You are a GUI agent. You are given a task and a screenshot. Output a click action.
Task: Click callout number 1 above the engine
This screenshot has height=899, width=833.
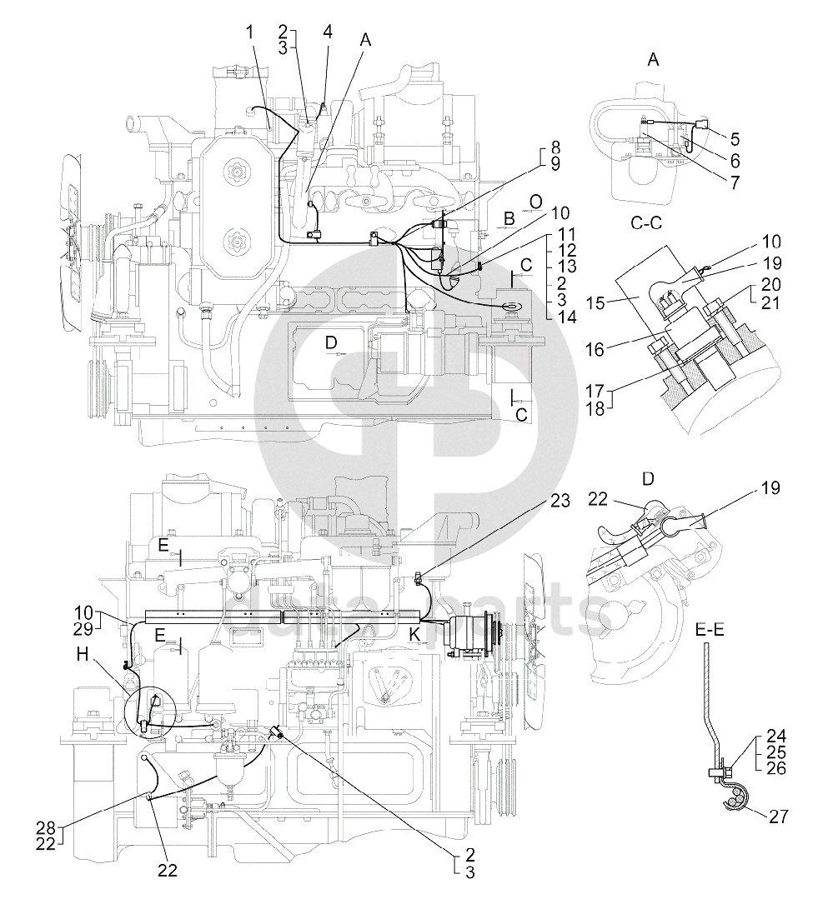[249, 32]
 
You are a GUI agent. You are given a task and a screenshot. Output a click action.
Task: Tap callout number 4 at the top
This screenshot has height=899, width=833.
[328, 32]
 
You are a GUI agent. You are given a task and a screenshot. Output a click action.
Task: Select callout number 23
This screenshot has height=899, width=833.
[560, 501]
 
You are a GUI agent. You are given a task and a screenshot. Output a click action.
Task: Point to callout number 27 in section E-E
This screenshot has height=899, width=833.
[779, 817]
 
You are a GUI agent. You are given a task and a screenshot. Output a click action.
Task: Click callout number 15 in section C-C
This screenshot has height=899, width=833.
[597, 302]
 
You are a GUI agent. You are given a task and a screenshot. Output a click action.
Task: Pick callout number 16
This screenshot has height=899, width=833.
[596, 349]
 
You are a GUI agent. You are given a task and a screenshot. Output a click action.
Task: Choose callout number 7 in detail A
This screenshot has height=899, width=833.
[735, 182]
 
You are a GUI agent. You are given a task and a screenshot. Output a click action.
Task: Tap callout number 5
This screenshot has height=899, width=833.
[735, 139]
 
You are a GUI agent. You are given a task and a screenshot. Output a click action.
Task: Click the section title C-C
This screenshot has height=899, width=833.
[646, 223]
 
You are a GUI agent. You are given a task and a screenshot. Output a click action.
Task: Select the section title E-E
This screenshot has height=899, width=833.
[710, 630]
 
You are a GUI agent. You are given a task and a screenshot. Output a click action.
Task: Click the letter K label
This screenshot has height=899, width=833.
[414, 634]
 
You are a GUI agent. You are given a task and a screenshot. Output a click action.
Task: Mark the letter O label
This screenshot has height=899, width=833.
[535, 202]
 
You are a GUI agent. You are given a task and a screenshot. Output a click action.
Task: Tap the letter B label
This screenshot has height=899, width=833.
[509, 218]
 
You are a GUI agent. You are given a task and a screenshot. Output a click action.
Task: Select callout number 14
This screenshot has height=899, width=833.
[567, 317]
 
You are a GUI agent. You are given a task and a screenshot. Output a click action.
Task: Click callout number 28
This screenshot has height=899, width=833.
[46, 827]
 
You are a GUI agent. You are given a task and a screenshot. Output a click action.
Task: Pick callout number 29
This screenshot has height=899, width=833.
[83, 629]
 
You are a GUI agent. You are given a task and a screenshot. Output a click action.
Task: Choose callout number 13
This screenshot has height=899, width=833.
[567, 267]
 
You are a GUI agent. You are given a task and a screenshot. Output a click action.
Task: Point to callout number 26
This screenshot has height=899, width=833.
[776, 768]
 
